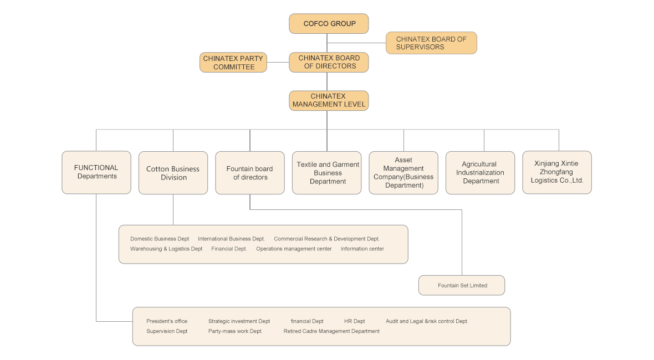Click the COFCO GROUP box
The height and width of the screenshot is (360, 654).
[x=329, y=24]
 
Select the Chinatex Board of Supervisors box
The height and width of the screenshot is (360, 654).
[x=431, y=43]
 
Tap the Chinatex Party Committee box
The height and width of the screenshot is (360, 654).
[x=233, y=63]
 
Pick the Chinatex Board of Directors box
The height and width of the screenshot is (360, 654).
[x=329, y=62]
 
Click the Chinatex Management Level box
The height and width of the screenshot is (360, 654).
[x=329, y=100]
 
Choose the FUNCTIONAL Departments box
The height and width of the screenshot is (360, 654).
[x=96, y=172]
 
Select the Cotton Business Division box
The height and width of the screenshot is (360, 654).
[x=173, y=173]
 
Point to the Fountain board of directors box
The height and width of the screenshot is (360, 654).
[x=249, y=173]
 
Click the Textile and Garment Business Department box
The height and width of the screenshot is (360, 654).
[x=327, y=173]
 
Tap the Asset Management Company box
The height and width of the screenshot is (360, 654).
[x=403, y=173]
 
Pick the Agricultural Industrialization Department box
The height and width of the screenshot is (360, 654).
[x=480, y=173]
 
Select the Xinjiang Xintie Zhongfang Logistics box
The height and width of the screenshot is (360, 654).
[x=557, y=172]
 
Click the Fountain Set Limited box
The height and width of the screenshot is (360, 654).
[x=462, y=285]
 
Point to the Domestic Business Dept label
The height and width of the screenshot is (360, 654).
[x=160, y=239]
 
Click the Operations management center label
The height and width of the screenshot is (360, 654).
[x=294, y=249]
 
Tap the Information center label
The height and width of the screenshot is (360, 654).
[x=362, y=249]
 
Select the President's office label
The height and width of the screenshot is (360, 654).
[x=167, y=321]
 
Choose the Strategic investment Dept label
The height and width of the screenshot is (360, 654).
[x=239, y=321]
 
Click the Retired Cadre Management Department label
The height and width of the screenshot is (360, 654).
[x=331, y=331]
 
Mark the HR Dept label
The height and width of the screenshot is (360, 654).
[x=354, y=321]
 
